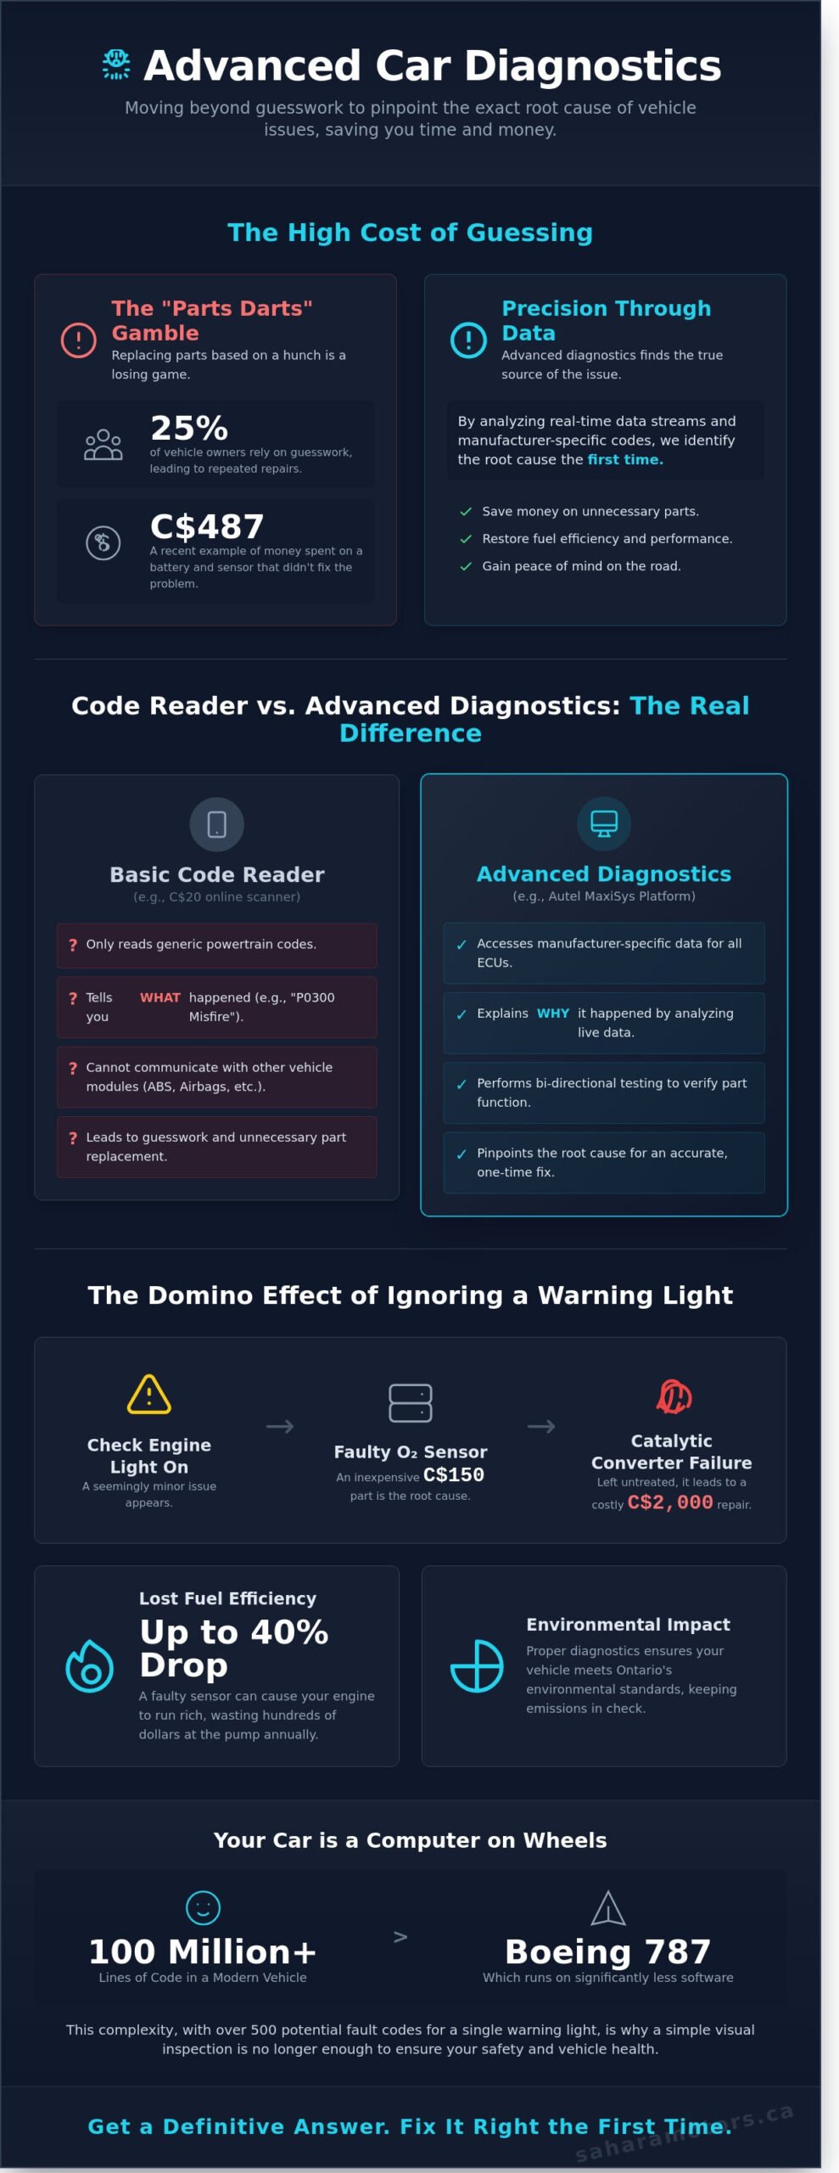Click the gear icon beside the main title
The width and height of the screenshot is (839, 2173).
pyautogui.click(x=116, y=65)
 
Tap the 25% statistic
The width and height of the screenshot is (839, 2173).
pyautogui.click(x=189, y=428)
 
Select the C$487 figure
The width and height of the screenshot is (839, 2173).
pyautogui.click(x=207, y=526)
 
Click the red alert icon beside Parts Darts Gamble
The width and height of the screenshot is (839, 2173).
pyautogui.click(x=79, y=340)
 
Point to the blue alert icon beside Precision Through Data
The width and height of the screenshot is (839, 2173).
pyautogui.click(x=468, y=340)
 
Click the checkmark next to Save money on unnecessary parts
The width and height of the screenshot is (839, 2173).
pyautogui.click(x=466, y=512)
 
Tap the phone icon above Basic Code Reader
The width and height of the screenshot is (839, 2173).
pyautogui.click(x=217, y=824)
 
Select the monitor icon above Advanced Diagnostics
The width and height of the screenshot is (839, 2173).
pyautogui.click(x=604, y=823)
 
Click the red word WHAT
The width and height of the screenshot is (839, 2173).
pyautogui.click(x=160, y=997)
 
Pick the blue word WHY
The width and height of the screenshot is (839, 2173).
pyautogui.click(x=553, y=1013)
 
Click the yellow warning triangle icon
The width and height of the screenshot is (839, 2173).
pyautogui.click(x=149, y=1394)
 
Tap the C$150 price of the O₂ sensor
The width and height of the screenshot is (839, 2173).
pyautogui.click(x=454, y=1474)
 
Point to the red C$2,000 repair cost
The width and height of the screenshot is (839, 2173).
pyautogui.click(x=670, y=1502)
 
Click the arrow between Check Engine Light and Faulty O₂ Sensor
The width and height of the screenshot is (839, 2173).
pyautogui.click(x=280, y=1427)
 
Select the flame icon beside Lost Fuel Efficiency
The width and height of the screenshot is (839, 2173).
pyautogui.click(x=90, y=1665)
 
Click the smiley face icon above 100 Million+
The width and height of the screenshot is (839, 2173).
pyautogui.click(x=203, y=1908)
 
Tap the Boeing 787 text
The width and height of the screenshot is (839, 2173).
pyautogui.click(x=607, y=1952)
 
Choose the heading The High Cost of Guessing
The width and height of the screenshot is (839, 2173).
pyautogui.click(x=411, y=233)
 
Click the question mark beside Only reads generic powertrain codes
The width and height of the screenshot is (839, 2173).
pyautogui.click(x=73, y=945)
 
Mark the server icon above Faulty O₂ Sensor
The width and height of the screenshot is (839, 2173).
pyautogui.click(x=411, y=1402)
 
